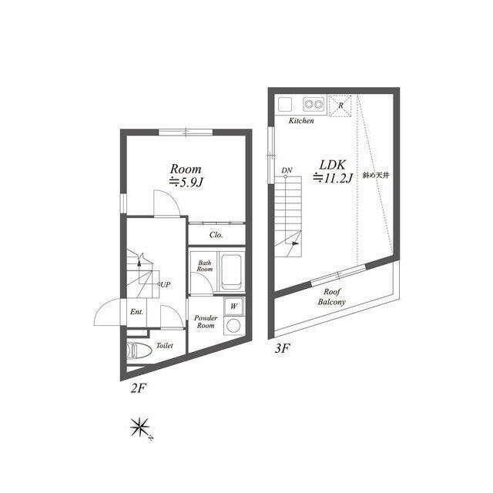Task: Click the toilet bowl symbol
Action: point(139,350)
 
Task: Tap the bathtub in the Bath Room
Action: point(231,272)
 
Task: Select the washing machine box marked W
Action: point(233,306)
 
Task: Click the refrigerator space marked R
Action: point(340,106)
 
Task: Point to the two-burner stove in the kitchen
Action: point(314,104)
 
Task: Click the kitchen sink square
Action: point(284,104)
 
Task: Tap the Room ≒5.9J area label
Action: point(186,176)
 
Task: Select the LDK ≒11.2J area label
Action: point(333,172)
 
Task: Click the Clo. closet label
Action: point(216,235)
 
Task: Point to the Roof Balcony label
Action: point(332,297)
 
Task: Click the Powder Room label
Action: point(206,322)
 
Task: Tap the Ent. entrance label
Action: point(136,311)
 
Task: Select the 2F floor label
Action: point(139,388)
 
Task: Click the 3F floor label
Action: point(282,348)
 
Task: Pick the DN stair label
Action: point(287,170)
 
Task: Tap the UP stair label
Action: point(166,285)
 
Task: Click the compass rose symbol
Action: point(140,428)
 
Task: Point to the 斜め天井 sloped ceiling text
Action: point(376,175)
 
